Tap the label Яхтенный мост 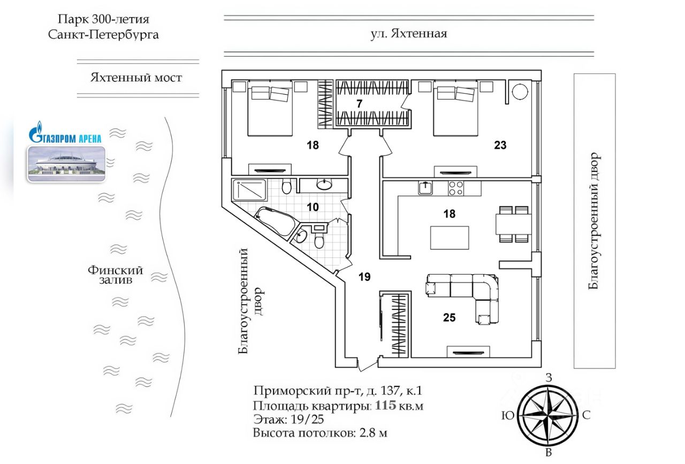click(136, 78)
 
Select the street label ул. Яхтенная click(408, 34)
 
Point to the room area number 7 click(360, 103)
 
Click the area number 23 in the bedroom click(500, 144)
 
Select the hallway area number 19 click(364, 276)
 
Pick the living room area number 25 click(449, 317)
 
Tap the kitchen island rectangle click(450, 238)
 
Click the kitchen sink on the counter click(425, 188)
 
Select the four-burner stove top click(456, 188)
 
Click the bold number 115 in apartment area click(385, 405)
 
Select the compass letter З click(548, 377)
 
